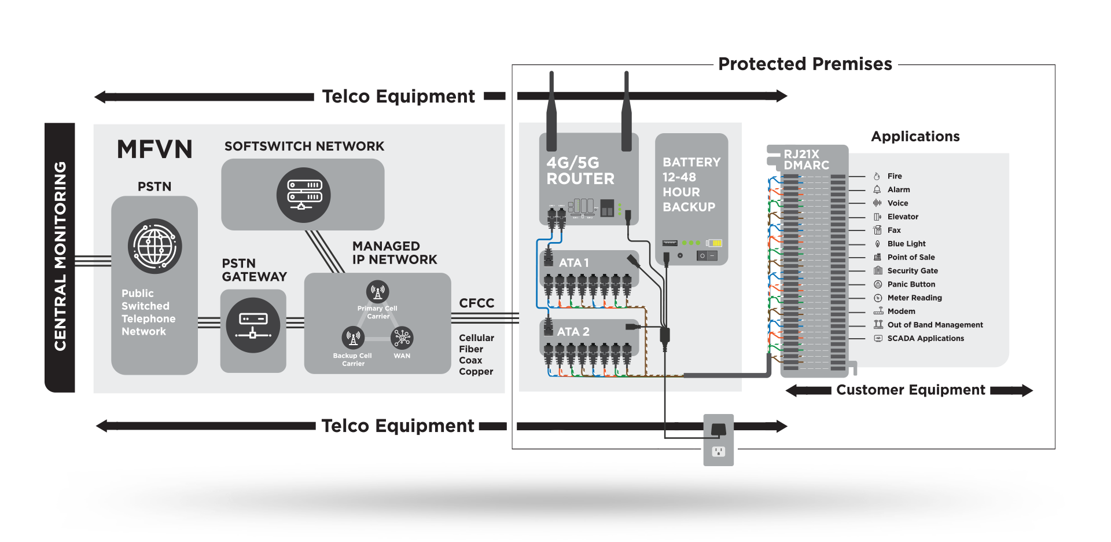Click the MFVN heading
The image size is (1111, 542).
[154, 149]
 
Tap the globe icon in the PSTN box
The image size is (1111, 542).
[154, 246]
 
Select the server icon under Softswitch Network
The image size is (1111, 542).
[304, 195]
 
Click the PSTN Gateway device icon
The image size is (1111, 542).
[253, 325]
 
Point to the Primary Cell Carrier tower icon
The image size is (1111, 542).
[377, 292]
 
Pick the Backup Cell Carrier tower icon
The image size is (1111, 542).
[353, 338]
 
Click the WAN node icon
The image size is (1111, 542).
[402, 338]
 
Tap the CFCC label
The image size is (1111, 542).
[476, 303]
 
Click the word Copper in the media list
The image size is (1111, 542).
[476, 372]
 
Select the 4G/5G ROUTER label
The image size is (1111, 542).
[580, 171]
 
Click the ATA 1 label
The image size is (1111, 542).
[573, 263]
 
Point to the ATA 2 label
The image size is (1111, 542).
[573, 332]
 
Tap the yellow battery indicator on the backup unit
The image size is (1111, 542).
[715, 243]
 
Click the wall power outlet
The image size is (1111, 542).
[718, 451]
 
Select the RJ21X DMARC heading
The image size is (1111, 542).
[806, 160]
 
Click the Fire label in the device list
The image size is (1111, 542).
[895, 176]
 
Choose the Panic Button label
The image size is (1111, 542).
[911, 284]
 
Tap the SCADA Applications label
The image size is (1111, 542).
[925, 338]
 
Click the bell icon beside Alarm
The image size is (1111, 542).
[877, 189]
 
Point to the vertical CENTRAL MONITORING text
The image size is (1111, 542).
[60, 256]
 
